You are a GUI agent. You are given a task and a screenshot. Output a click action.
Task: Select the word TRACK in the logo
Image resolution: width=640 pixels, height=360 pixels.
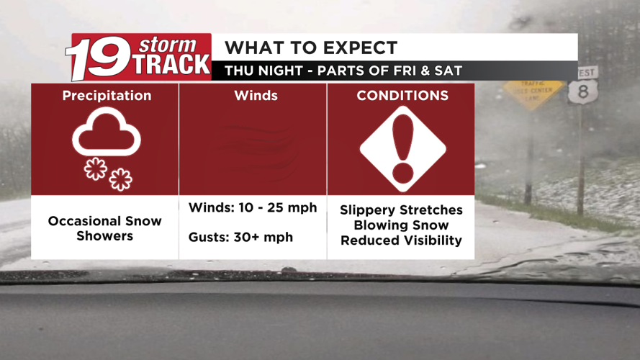(171, 65)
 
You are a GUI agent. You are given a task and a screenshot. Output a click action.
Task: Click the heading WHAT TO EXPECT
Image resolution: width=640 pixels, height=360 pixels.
(311, 48)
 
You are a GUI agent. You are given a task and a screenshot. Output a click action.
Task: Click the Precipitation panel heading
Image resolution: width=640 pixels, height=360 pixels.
(107, 96)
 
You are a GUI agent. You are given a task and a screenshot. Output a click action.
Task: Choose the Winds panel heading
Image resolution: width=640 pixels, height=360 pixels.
(256, 96)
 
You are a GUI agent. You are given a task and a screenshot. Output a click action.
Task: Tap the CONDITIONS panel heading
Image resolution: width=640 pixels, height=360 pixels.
(402, 96)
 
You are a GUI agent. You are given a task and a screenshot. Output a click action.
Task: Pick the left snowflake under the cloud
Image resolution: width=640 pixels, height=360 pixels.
(95, 168)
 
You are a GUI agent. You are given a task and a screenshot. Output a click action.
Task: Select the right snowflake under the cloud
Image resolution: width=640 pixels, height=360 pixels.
(120, 179)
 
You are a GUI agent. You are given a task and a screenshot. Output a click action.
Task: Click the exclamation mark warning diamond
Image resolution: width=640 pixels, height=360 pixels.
(403, 150)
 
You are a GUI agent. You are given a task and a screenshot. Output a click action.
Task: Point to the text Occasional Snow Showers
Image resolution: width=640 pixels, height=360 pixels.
(105, 228)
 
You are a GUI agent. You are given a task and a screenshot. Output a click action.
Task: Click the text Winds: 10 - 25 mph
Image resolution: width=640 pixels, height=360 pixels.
(253, 208)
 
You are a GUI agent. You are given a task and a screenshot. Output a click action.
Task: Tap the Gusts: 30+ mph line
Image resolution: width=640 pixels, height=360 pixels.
(240, 237)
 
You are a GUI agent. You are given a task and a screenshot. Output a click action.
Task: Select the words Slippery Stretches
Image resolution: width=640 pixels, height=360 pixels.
(401, 210)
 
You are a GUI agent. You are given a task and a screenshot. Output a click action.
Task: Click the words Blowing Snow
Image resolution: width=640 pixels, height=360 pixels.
(401, 225)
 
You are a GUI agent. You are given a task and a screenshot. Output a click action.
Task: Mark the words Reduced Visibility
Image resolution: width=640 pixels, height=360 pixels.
(401, 240)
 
